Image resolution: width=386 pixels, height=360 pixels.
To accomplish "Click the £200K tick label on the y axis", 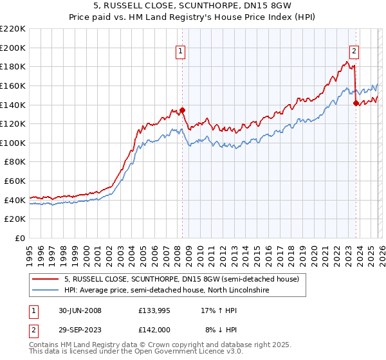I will tap(13, 48).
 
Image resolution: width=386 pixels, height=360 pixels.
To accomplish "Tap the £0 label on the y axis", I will tap(20, 239).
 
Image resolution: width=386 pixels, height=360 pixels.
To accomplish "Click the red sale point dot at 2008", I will tap(183, 110).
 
